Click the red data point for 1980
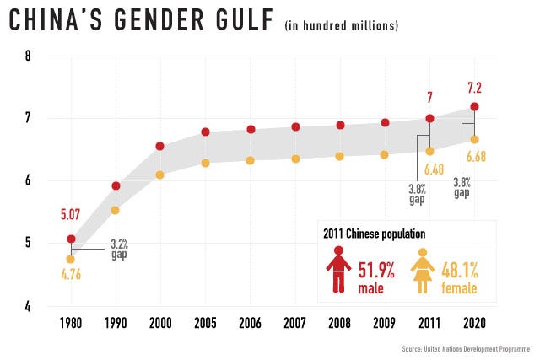[x=71, y=239]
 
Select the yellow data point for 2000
[x=159, y=175]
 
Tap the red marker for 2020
[x=474, y=106]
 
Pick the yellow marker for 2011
[x=429, y=151]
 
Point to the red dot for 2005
[x=205, y=132]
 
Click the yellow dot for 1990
[x=116, y=210]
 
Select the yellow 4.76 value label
[x=71, y=273]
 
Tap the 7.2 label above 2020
[x=474, y=88]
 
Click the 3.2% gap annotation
[x=121, y=250]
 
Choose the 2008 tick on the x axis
[x=340, y=323]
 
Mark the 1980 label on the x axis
[x=71, y=323]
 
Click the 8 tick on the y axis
[x=28, y=56]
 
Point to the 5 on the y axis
[x=28, y=244]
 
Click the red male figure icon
[x=338, y=270]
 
